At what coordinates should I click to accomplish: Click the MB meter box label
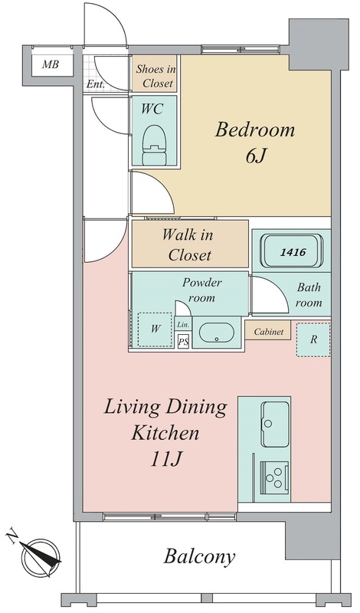[x=51, y=64]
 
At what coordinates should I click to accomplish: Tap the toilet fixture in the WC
[x=155, y=145]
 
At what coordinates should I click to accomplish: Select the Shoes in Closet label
[x=156, y=76]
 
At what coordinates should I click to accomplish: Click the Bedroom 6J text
[x=255, y=143]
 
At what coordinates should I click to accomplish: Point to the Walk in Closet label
[x=188, y=244]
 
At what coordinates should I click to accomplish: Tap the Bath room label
[x=309, y=295]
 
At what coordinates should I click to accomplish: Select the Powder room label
[x=202, y=290]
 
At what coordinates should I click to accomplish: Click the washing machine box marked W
[x=155, y=329]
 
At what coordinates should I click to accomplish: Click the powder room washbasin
[x=217, y=333]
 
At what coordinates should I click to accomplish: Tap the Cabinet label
[x=269, y=332]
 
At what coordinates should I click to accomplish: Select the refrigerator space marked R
[x=313, y=339]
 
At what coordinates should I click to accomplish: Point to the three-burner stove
[x=274, y=475]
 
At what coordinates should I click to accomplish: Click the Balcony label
[x=199, y=556]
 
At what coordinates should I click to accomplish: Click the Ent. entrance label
[x=95, y=84]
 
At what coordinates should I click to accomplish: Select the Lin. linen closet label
[x=183, y=324]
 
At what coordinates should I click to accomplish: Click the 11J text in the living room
[x=165, y=460]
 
